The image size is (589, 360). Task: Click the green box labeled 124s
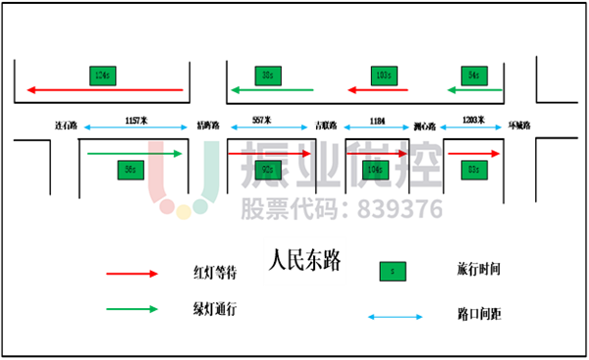[102, 76]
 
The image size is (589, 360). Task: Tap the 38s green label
[268, 76]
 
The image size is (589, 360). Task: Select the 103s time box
[384, 76]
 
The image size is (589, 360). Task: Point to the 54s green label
[474, 76]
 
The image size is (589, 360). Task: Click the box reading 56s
[131, 170]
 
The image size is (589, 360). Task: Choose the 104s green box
[374, 170]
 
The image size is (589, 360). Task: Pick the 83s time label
[474, 170]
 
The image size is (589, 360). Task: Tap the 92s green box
[268, 170]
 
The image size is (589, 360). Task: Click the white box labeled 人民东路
[304, 261]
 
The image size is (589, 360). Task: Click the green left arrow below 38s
[272, 90]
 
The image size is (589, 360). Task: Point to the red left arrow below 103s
[378, 90]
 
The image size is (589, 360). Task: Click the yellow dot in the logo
[184, 212]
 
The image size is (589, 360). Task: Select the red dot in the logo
[167, 206]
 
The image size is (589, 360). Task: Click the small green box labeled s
[393, 272]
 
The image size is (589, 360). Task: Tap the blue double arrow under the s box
[395, 317]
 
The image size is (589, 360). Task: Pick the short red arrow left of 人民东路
[132, 274]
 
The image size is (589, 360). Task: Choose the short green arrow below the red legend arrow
[132, 309]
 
